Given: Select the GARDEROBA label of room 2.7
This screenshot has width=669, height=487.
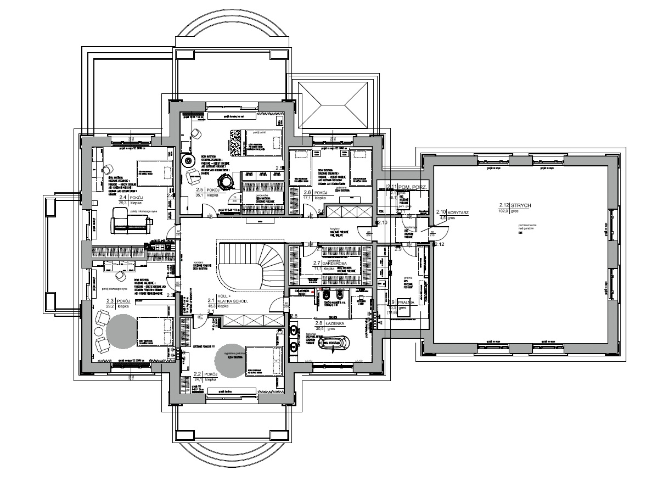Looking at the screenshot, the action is (x=334, y=264).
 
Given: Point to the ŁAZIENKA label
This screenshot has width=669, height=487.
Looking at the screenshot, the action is (x=335, y=323).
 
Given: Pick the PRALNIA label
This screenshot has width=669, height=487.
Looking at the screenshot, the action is (x=407, y=302).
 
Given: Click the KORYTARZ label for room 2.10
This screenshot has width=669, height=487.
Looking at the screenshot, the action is (x=456, y=211).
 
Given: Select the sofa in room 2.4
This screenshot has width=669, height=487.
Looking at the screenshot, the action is (x=131, y=221).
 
